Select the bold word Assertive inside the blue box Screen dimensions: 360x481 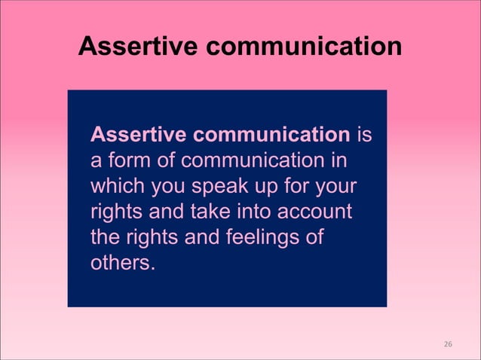138,136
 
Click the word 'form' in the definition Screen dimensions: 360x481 129,161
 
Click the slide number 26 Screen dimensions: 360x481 448,343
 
